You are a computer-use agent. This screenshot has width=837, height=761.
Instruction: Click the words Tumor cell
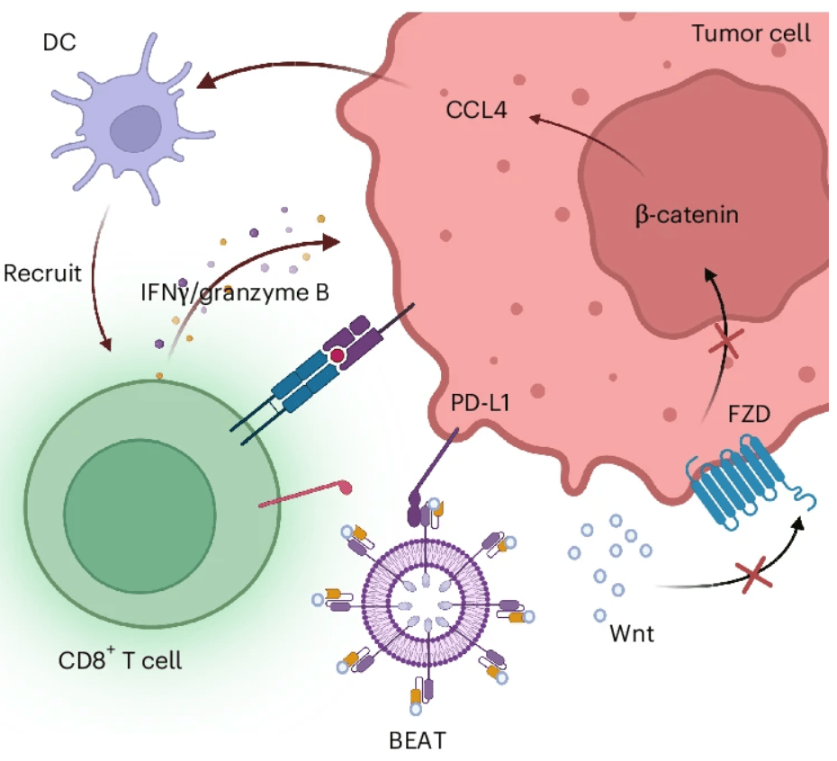[x=751, y=34]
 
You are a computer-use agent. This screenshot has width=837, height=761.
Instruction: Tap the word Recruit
[x=42, y=272]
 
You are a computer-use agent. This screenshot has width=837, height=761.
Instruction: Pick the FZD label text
[x=748, y=417]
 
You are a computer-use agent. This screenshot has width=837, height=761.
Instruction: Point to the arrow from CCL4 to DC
[x=297, y=74]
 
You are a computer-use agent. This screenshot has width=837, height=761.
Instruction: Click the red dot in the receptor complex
[x=337, y=358]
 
